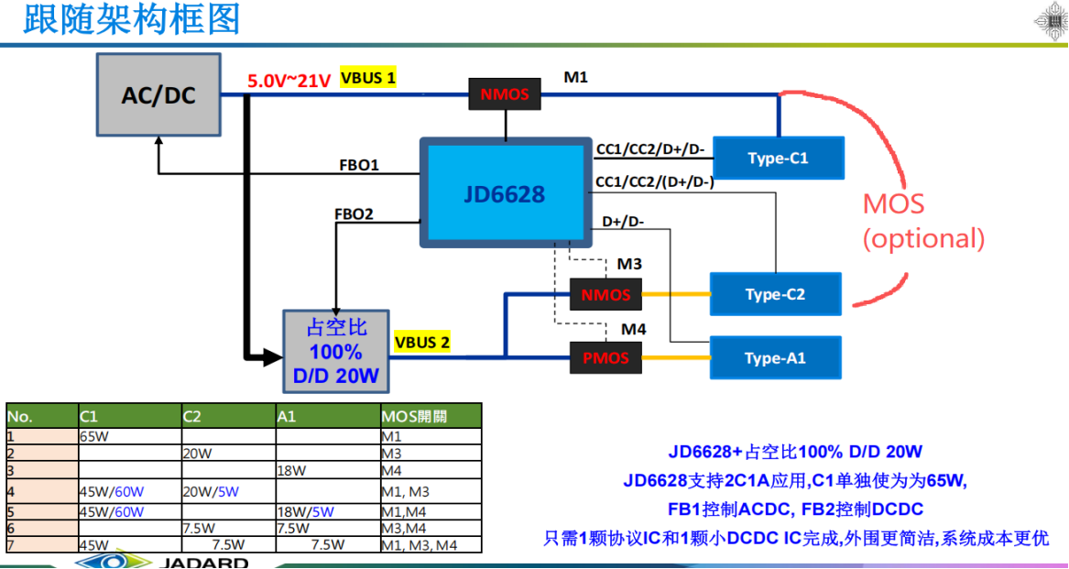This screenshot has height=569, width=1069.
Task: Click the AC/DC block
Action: point(158,94)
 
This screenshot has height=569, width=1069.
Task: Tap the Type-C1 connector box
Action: point(778,158)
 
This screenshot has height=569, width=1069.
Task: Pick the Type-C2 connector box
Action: point(775,294)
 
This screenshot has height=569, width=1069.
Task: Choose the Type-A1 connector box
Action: point(775,357)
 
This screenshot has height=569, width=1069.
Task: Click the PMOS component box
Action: point(605,357)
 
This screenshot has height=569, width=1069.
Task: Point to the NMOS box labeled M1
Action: point(505,94)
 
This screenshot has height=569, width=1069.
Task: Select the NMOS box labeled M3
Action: point(605,295)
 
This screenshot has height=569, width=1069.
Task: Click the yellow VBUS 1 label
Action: point(368,78)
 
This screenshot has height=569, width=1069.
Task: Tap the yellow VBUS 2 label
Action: point(421,343)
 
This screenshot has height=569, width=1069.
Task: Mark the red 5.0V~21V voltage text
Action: point(289,81)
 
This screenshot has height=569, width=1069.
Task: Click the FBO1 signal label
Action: point(359,166)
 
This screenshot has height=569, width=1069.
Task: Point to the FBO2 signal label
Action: point(354,214)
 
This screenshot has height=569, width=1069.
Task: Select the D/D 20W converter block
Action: point(334,352)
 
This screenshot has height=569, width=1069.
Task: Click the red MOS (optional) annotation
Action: point(922,221)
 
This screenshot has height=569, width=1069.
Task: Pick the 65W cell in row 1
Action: point(94,437)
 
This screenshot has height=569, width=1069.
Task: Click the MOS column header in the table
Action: point(414,417)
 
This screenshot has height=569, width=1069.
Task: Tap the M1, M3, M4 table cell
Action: point(419,545)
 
